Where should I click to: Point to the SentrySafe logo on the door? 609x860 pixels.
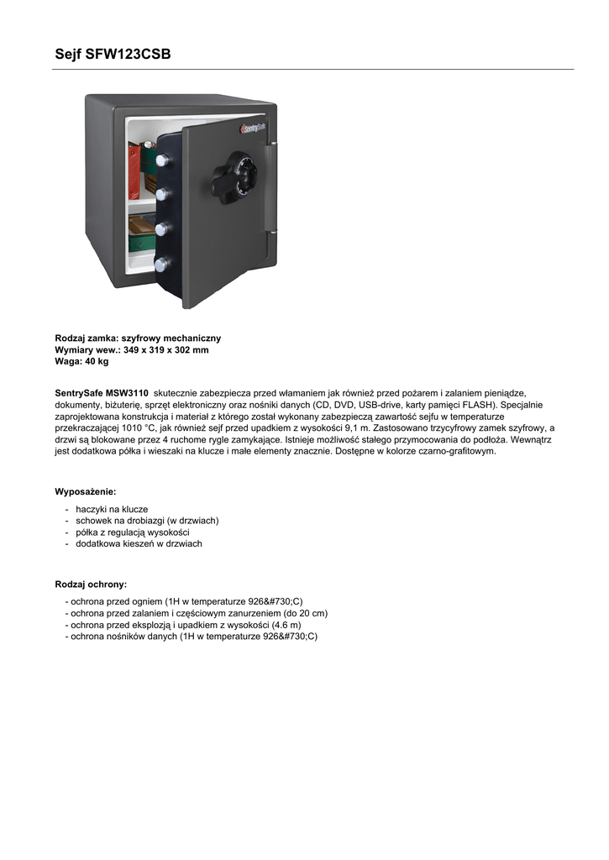click(x=253, y=128)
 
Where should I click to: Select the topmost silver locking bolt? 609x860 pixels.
click(x=162, y=160)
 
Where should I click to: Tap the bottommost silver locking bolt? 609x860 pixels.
click(x=162, y=264)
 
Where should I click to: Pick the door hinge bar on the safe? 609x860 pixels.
click(x=270, y=188)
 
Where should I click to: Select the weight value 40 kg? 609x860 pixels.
click(x=96, y=361)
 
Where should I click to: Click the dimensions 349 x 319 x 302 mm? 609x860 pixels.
click(x=165, y=349)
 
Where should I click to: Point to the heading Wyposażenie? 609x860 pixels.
click(x=86, y=490)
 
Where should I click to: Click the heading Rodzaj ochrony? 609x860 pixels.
click(x=91, y=584)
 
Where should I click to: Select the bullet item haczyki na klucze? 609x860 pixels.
click(x=112, y=509)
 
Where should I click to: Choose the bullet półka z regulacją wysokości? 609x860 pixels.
click(x=133, y=532)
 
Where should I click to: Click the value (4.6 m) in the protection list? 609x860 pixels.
click(x=286, y=625)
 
